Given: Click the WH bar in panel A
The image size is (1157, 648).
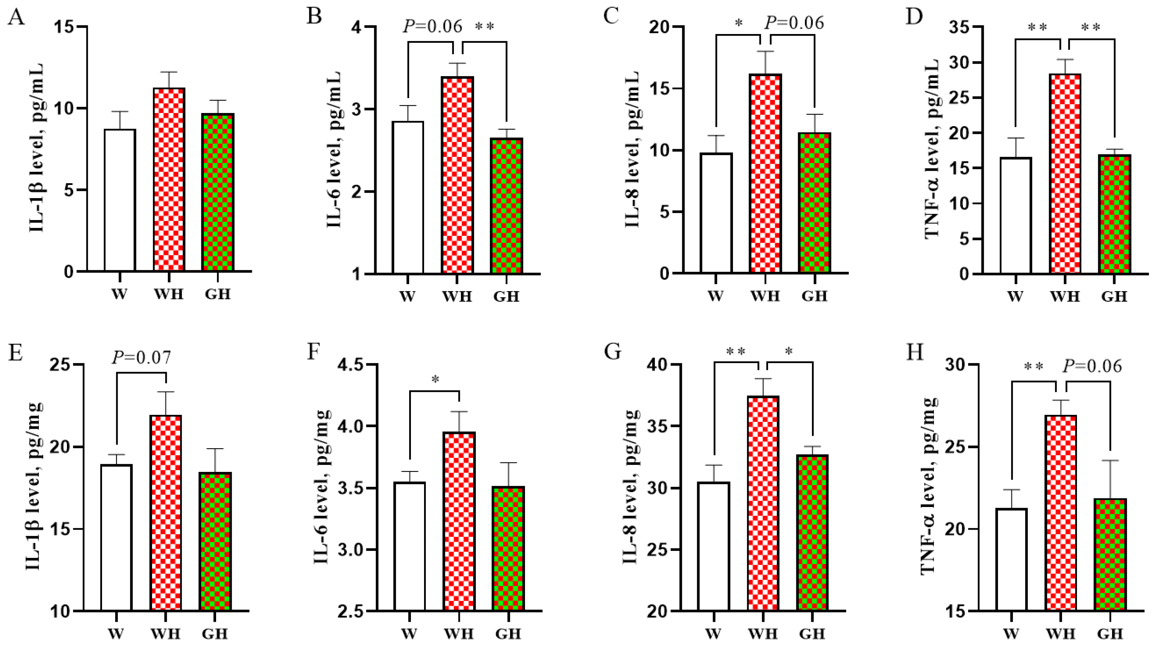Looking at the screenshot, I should tap(169, 180).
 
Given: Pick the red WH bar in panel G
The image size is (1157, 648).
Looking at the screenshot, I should tap(763, 503).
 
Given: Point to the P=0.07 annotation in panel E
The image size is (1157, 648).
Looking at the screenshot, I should tap(141, 357).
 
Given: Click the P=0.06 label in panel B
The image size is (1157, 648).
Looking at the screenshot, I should tap(433, 26).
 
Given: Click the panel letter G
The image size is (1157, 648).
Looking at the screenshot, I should tap(613, 351).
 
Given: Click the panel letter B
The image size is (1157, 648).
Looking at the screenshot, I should tap(314, 16).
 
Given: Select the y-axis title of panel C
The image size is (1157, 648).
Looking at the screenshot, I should tap(632, 148).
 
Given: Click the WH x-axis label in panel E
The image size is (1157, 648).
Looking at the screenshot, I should tap(166, 633).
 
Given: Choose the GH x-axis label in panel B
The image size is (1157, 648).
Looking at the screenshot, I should tap(506, 297).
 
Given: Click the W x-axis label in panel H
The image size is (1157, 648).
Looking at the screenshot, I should tap(1011, 633).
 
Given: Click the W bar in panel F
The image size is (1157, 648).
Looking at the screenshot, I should tap(410, 546).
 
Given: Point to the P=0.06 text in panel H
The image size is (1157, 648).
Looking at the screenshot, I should tap(1092, 366).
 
